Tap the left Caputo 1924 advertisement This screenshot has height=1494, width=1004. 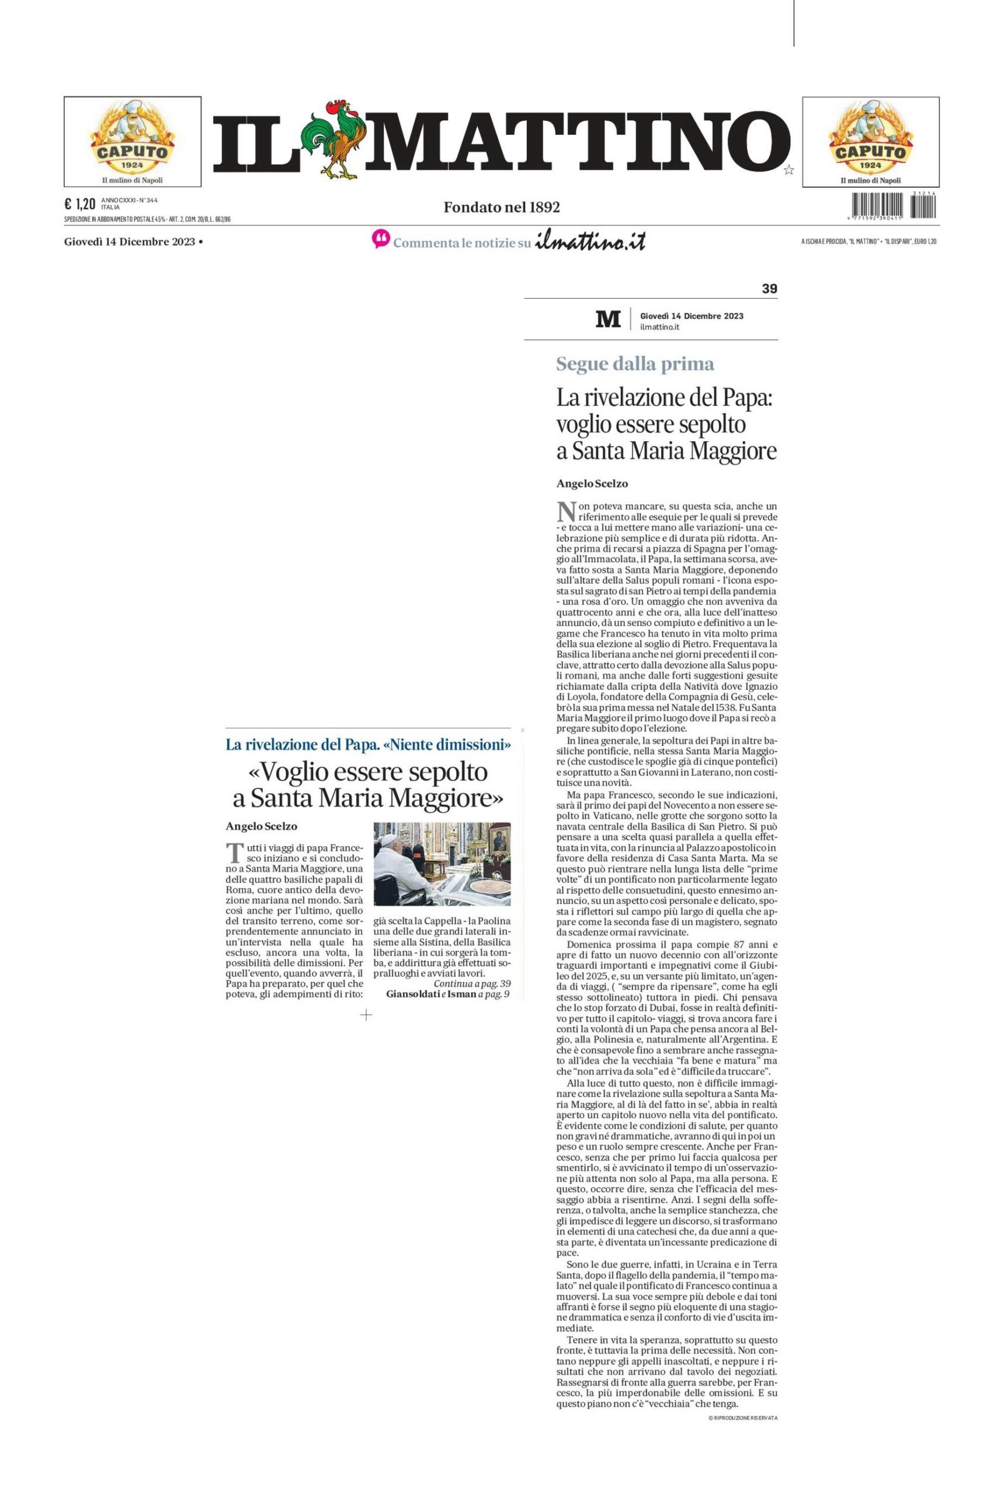point(133,141)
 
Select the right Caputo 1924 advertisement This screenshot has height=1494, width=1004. point(870,141)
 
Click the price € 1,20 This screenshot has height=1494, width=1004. point(80,204)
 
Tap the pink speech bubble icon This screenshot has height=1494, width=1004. point(380,240)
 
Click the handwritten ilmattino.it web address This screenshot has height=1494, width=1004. point(590,241)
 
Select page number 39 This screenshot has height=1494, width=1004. point(769,288)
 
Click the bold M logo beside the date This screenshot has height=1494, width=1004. point(607,319)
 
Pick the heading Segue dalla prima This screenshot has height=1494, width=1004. point(634,364)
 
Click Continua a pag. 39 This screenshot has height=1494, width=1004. point(472,983)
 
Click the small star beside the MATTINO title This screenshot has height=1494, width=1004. point(788,170)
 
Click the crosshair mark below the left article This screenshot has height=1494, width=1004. point(366,1015)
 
